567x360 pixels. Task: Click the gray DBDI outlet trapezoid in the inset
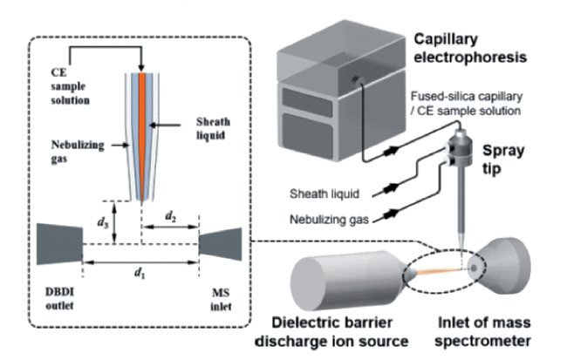[60, 243]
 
